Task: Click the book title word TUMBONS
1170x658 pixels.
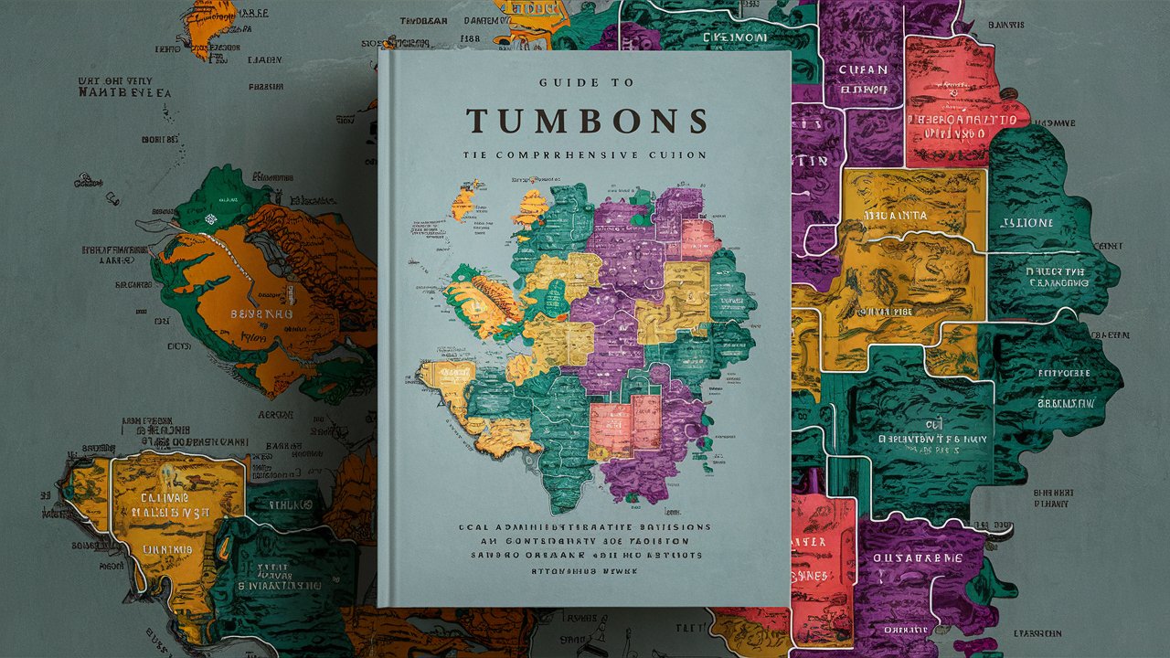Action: [x=586, y=122]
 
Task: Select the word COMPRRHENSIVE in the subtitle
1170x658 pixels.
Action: [x=564, y=155]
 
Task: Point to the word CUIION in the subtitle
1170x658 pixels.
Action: [x=676, y=155]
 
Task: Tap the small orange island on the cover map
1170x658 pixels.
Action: [x=463, y=201]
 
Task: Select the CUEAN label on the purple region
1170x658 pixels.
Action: [x=862, y=69]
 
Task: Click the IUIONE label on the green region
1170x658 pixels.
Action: [x=1027, y=222]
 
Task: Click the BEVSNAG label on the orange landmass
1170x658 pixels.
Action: [x=259, y=313]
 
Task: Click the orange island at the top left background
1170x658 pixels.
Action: [x=205, y=27]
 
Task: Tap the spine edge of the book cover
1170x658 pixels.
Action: [x=382, y=329]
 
